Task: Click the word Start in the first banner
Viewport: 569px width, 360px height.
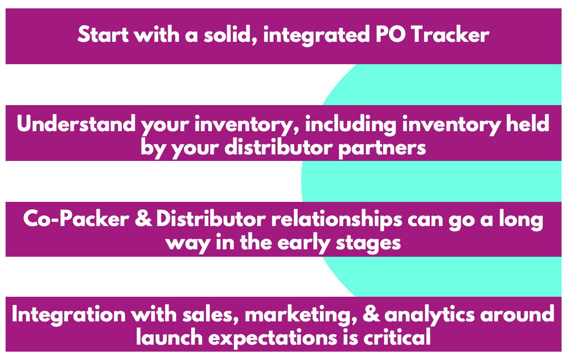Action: coord(103,34)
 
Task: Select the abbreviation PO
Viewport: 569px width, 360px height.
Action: coord(390,34)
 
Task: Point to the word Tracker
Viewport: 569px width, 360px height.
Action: coord(450,34)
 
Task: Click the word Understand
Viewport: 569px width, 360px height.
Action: coord(76,124)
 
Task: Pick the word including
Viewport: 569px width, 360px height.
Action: coord(351,125)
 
